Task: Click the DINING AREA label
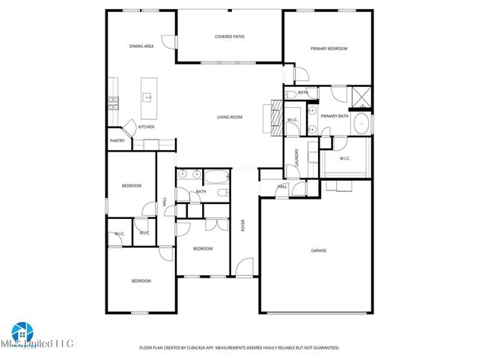141,46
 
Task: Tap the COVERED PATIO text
230,36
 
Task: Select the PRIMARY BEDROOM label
329,49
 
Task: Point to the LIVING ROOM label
230,117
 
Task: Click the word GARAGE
319,250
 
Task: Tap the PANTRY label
118,140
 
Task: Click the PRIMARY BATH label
335,116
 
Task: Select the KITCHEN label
146,127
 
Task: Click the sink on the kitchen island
147,97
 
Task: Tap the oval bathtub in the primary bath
361,124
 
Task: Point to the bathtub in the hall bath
217,178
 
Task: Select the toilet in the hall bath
222,192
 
